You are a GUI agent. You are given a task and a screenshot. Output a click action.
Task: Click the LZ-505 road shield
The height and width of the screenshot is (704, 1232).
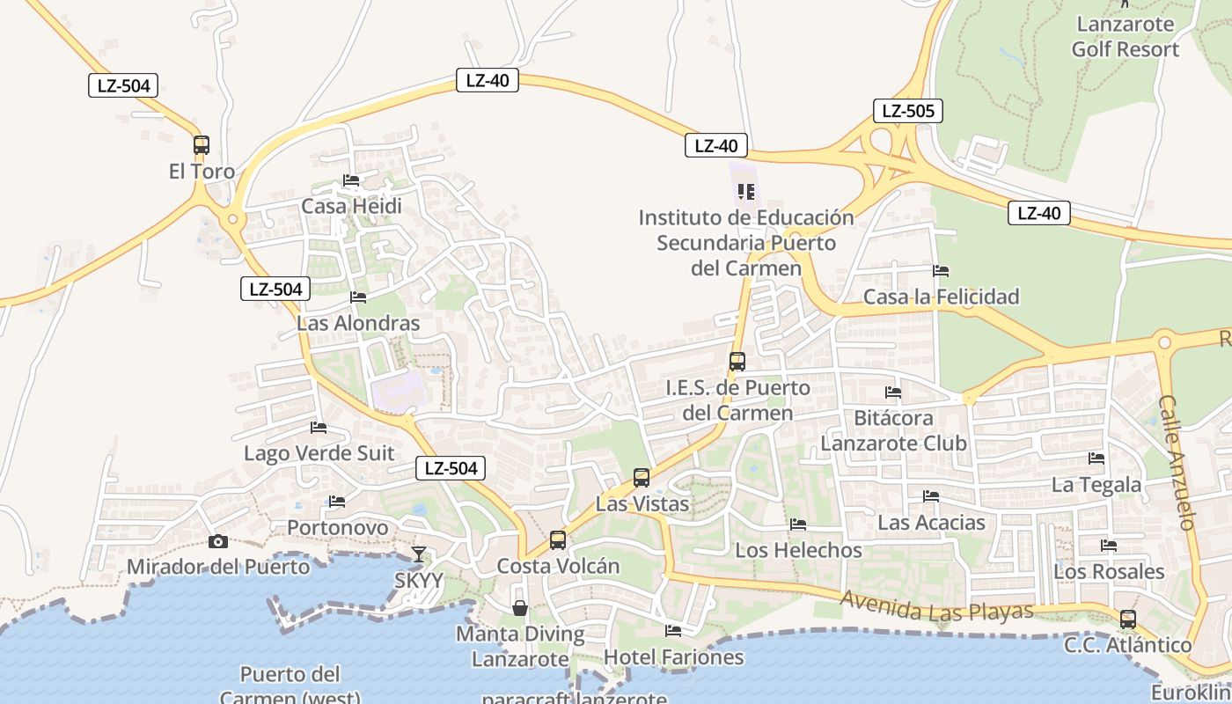(x=908, y=111)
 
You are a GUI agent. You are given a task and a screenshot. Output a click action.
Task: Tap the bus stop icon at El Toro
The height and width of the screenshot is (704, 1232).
(x=202, y=145)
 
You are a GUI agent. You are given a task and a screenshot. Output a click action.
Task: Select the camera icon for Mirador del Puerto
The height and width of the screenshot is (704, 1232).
(x=218, y=541)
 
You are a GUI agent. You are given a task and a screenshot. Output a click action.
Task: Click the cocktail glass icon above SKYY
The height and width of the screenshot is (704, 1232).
(x=419, y=554)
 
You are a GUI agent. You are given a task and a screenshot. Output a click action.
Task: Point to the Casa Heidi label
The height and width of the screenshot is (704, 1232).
(x=351, y=206)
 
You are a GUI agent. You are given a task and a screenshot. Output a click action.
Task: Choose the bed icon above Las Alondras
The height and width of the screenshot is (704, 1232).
(x=357, y=297)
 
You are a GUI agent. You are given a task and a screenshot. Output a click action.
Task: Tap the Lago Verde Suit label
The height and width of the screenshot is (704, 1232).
(x=319, y=453)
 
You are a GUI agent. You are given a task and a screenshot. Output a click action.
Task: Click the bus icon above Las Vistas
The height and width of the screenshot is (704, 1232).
(x=642, y=478)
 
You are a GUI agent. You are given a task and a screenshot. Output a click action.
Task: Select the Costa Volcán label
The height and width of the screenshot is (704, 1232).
(x=558, y=566)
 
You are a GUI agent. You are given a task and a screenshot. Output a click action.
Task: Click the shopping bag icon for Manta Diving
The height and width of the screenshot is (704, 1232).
(x=520, y=607)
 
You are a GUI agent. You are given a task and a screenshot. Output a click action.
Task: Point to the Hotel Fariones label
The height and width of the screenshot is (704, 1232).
(x=673, y=656)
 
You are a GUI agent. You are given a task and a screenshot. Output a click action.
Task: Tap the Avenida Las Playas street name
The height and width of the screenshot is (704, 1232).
(x=936, y=605)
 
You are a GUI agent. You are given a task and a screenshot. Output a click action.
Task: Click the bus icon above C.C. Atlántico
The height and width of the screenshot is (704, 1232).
(x=1127, y=619)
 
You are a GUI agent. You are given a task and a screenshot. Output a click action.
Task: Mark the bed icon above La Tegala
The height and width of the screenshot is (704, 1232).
(x=1096, y=458)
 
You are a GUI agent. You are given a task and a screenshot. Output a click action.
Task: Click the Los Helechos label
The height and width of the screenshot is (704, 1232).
(x=798, y=550)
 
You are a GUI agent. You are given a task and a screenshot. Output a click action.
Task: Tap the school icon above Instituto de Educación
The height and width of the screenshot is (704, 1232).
(x=746, y=191)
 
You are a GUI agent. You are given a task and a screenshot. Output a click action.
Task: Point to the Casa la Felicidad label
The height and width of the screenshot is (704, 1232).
(x=941, y=297)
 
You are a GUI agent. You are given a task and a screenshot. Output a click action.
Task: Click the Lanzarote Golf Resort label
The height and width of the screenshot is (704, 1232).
(x=1125, y=37)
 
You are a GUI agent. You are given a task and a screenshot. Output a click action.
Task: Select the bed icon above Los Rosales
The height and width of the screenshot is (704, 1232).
(x=1109, y=546)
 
